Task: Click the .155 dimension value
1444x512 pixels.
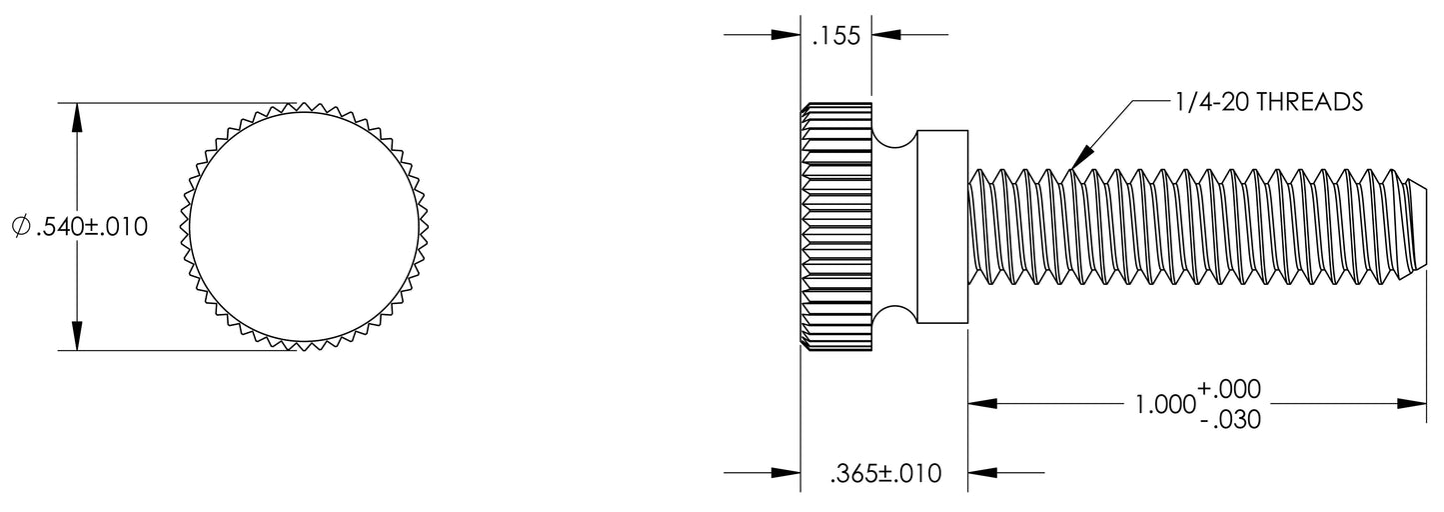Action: [x=836, y=38]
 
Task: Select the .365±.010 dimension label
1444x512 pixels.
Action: [x=885, y=473]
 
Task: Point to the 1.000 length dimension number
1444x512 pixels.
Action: [x=1165, y=404]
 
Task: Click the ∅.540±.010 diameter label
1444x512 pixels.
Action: [x=79, y=228]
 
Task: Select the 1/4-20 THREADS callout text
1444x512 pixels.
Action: [x=1269, y=102]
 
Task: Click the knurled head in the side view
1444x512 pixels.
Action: [x=836, y=226]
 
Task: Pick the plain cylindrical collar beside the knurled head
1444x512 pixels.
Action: [x=941, y=226]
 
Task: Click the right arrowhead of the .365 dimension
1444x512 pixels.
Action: [x=982, y=473]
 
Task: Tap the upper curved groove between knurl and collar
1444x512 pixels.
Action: [x=893, y=137]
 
